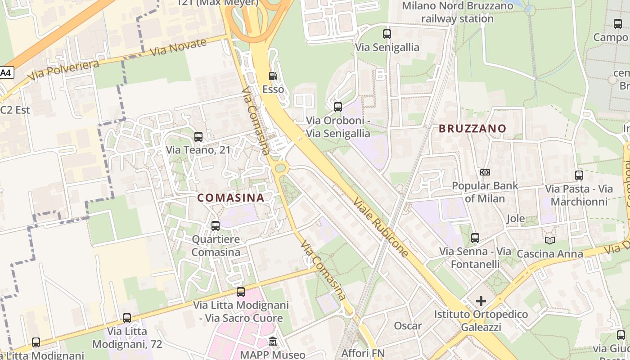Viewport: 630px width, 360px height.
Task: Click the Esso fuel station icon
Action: pos(273,76)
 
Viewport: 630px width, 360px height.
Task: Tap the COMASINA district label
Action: pos(230,198)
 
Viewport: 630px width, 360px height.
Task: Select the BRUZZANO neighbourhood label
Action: pos(472,129)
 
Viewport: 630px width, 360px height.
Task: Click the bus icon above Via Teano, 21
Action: pos(198,137)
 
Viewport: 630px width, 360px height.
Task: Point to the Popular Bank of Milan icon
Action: pos(485,172)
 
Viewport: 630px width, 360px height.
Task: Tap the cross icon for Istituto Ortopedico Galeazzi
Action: pos(481,301)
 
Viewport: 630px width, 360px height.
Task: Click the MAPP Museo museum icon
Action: pos(273,342)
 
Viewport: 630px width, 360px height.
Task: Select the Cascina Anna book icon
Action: pos(549,240)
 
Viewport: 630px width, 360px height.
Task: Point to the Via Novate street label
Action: pos(178,47)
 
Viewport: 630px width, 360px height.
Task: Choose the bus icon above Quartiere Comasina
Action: pos(216,225)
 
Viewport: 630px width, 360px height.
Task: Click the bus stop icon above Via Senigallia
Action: pos(387,34)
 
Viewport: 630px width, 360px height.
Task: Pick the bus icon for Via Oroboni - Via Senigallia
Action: pos(337,107)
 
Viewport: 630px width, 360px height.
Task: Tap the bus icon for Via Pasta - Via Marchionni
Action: pos(579,175)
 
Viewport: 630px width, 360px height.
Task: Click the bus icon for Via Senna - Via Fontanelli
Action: pos(475,238)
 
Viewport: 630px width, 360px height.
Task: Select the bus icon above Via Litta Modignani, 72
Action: pos(127,318)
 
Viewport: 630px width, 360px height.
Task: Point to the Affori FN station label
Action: pos(363,353)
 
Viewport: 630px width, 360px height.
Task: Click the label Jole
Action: pos(516,219)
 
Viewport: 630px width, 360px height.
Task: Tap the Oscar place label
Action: pos(408,325)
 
